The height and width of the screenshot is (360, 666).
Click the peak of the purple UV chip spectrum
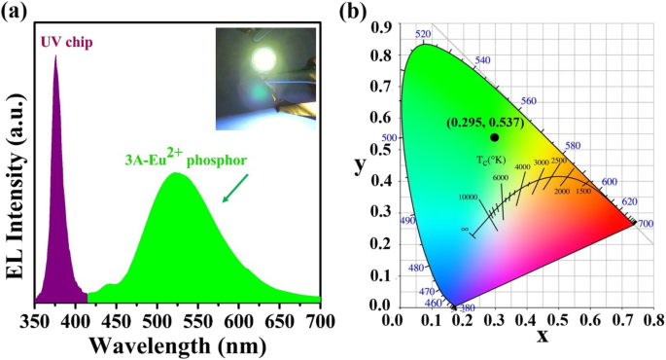point(55,56)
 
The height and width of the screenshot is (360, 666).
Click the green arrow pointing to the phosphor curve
point(233,189)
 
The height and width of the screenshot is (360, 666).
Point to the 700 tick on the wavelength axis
point(321,316)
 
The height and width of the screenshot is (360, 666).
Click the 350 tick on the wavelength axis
point(35,316)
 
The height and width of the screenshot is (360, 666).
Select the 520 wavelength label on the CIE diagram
point(422,34)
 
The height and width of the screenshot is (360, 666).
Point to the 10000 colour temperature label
point(468,197)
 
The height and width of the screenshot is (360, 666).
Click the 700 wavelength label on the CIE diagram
point(646,225)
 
